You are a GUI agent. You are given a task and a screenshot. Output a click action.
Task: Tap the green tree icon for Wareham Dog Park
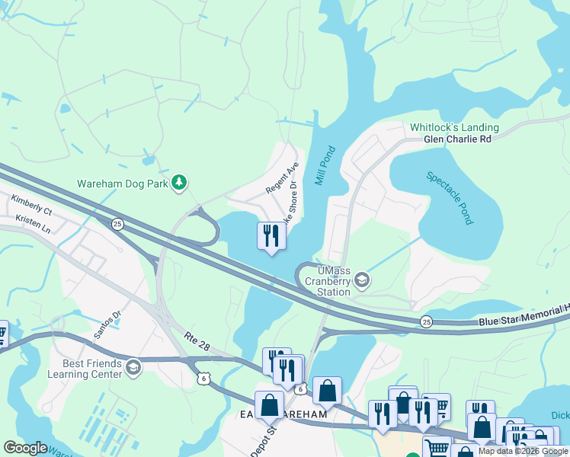tap(179, 182)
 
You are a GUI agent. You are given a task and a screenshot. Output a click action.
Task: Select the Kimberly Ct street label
tap(31, 204)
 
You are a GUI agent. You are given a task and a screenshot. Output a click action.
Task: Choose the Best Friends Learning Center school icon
tap(133, 368)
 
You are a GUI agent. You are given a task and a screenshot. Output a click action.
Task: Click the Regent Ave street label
tap(281, 177)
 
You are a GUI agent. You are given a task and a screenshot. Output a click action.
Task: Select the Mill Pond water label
tap(324, 165)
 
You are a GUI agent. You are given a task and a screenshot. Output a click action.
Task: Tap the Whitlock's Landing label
tap(454, 127)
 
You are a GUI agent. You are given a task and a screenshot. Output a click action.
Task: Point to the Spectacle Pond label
tap(450, 197)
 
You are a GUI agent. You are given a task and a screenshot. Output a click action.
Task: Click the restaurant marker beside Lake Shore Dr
tap(271, 236)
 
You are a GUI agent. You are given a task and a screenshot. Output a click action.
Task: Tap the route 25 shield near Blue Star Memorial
tap(425, 321)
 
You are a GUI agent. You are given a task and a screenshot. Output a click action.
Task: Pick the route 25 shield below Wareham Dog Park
tap(117, 224)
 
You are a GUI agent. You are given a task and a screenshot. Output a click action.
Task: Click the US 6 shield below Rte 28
tap(203, 378)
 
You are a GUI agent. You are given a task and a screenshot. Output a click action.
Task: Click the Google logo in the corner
tap(25, 448)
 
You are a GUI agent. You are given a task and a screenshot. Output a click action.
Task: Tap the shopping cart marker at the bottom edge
tap(436, 447)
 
